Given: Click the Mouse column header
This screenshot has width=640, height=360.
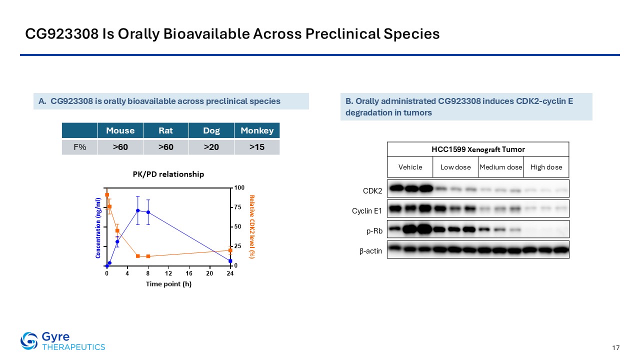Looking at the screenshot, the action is pyautogui.click(x=120, y=130).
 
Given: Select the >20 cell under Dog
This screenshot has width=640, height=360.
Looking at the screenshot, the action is pyautogui.click(x=211, y=147).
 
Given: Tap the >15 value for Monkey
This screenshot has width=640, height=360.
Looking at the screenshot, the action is pyautogui.click(x=257, y=147).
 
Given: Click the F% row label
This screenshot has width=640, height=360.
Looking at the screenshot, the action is pyautogui.click(x=79, y=147).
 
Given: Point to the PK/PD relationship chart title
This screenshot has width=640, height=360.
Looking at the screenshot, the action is pyautogui.click(x=168, y=174).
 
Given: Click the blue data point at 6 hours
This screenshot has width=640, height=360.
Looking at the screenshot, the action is pyautogui.click(x=137, y=210).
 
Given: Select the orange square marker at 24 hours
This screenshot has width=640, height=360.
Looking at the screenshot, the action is pyautogui.click(x=230, y=250).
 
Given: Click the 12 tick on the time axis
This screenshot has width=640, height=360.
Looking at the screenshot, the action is pyautogui.click(x=168, y=273).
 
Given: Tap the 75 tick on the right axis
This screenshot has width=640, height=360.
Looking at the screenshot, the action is pyautogui.click(x=237, y=207).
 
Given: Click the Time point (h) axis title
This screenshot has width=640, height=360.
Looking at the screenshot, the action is pyautogui.click(x=168, y=284).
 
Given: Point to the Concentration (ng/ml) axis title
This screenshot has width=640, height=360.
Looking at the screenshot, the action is pyautogui.click(x=98, y=228).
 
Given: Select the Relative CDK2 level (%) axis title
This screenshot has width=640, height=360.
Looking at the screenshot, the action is pyautogui.click(x=251, y=227).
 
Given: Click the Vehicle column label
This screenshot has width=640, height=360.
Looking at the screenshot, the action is pyautogui.click(x=410, y=167).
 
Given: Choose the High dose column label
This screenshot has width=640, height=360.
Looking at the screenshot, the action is pyautogui.click(x=546, y=167).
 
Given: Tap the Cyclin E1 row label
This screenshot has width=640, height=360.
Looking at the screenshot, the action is pyautogui.click(x=367, y=211).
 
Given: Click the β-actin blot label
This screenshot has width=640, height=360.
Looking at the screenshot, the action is pyautogui.click(x=370, y=251).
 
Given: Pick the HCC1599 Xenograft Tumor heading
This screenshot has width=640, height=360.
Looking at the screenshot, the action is pyautogui.click(x=478, y=149).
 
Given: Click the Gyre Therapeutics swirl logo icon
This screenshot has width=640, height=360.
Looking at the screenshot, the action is pyautogui.click(x=29, y=341).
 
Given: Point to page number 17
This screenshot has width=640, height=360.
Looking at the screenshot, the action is pyautogui.click(x=615, y=347).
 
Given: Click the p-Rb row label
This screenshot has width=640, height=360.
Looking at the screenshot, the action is pyautogui.click(x=374, y=231).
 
